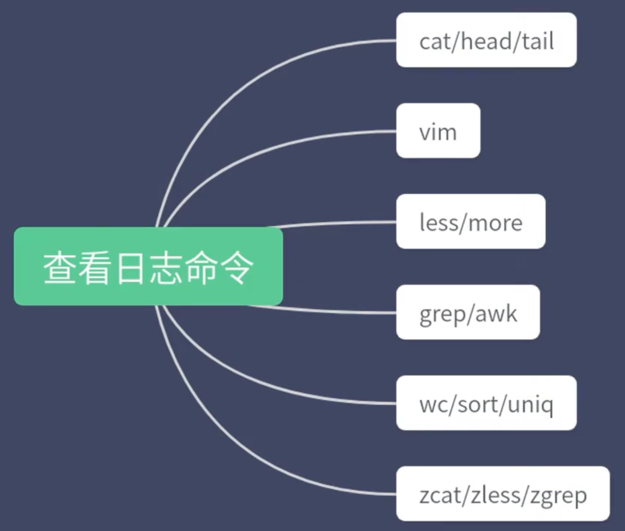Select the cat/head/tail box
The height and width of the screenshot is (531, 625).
(x=486, y=40)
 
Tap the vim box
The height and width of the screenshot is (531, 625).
(x=438, y=131)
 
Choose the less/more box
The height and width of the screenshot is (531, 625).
(x=470, y=221)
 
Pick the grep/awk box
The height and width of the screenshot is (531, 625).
(x=468, y=312)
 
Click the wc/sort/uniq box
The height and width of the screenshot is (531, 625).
(x=486, y=403)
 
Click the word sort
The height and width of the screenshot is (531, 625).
(x=480, y=404)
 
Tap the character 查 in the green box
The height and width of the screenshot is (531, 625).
(x=59, y=268)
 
